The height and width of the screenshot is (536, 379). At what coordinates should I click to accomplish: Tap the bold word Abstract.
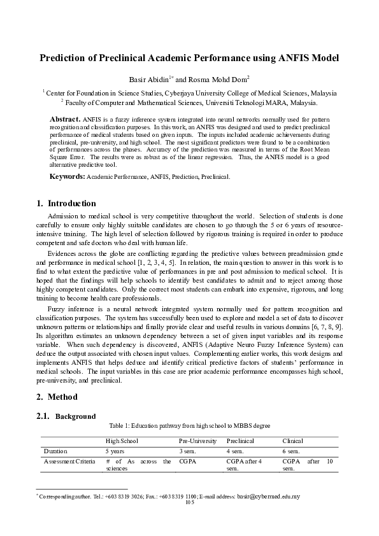pyautogui.click(x=64, y=119)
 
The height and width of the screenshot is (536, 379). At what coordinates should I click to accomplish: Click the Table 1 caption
pyautogui.click(x=189, y=426)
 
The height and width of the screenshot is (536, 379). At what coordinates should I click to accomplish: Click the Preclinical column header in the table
pyautogui.click(x=240, y=441)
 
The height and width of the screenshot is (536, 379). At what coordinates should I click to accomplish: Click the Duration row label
pyautogui.click(x=55, y=451)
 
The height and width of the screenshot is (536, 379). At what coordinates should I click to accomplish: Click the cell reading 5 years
pyautogui.click(x=115, y=451)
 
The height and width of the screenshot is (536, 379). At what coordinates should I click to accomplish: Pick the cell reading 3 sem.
pyautogui.click(x=189, y=451)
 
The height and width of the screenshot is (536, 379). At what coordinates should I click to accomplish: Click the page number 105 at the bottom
pyautogui.click(x=189, y=502)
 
